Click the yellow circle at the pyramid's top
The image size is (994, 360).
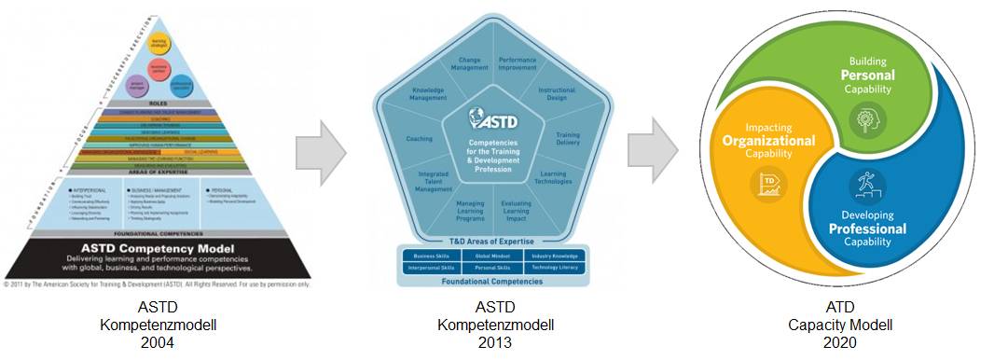coord(159,43)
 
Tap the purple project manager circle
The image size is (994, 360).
coord(136,83)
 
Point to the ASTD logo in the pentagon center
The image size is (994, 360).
coord(495,120)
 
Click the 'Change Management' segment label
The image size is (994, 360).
coord(469,63)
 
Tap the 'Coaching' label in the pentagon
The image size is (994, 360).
coord(420,138)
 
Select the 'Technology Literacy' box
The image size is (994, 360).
coord(557,267)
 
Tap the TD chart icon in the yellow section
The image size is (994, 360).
coord(770,183)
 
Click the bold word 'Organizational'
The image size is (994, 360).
coord(768,141)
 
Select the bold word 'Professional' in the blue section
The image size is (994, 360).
coord(867,228)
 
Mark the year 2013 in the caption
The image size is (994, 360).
coord(495,341)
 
